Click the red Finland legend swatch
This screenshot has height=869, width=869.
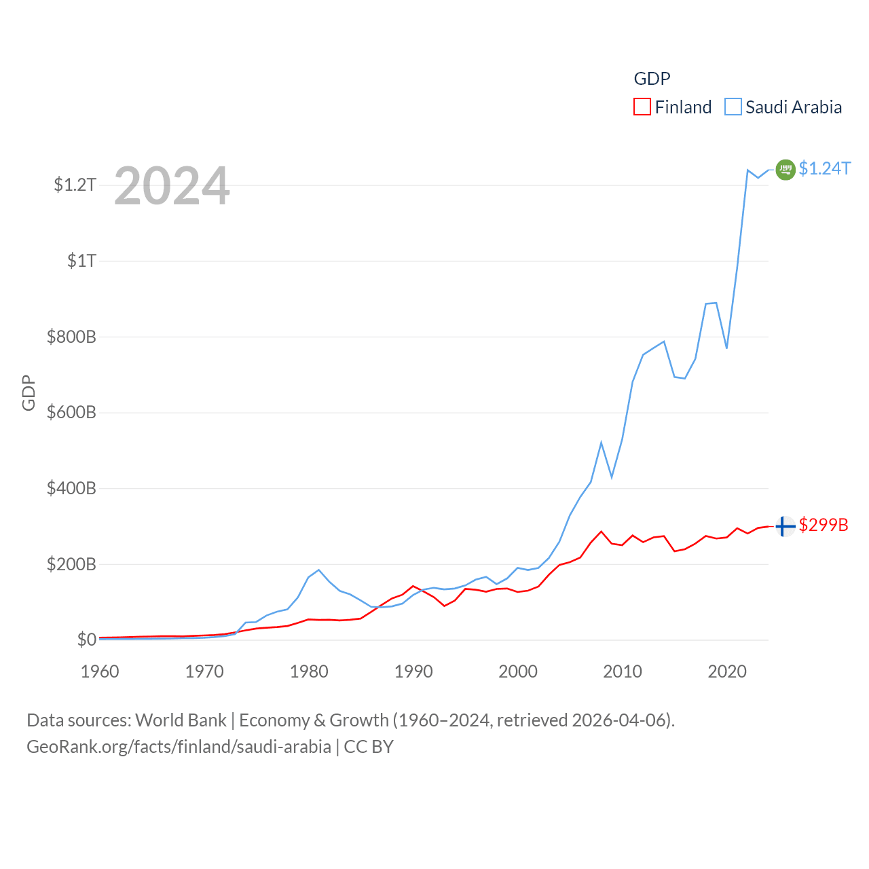(642, 107)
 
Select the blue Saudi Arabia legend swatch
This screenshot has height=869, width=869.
(733, 107)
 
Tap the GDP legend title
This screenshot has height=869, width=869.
(652, 79)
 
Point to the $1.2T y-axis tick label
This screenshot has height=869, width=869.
(75, 185)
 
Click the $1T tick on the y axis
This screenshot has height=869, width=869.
(81, 261)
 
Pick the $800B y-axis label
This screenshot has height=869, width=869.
(71, 337)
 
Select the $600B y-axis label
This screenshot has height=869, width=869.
(71, 413)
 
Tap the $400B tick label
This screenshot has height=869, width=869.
(71, 489)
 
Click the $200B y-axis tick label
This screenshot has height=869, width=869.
(71, 564)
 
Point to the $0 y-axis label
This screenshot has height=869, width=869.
(86, 640)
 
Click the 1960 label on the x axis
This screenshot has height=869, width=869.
(100, 671)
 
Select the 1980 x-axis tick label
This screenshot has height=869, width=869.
(309, 671)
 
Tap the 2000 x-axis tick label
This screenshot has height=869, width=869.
(518, 671)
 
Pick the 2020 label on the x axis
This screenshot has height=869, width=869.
(727, 671)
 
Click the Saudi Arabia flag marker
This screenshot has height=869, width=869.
(785, 169)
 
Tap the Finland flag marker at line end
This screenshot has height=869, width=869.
(785, 526)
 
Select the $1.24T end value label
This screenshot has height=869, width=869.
(824, 168)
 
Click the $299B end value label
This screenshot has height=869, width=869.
(824, 525)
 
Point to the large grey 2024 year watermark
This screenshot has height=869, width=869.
(172, 186)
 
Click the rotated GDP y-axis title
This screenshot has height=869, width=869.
(29, 392)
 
